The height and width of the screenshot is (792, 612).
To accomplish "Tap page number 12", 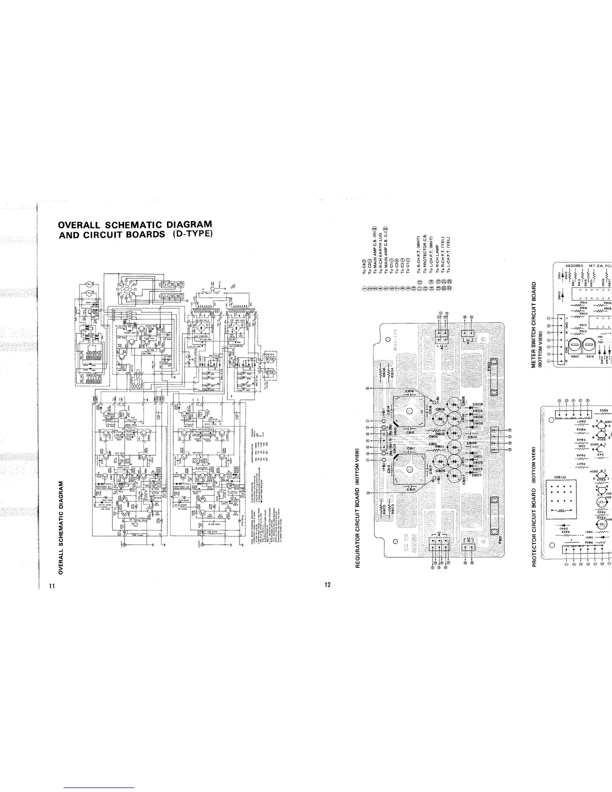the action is [x=327, y=571].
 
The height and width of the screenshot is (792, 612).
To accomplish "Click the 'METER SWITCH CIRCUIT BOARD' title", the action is [x=534, y=317].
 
